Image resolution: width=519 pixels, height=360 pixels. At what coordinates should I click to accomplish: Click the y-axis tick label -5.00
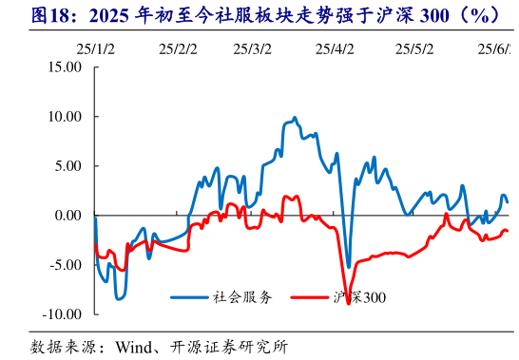pyautogui.click(x=64, y=264)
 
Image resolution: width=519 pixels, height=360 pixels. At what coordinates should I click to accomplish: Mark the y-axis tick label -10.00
pyautogui.click(x=60, y=313)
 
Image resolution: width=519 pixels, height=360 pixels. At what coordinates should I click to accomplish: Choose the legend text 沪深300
pyautogui.click(x=359, y=297)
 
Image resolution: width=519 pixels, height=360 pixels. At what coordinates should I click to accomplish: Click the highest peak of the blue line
pyautogui.click(x=295, y=118)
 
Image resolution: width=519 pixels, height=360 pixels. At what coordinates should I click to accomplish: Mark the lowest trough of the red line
pyautogui.click(x=349, y=303)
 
